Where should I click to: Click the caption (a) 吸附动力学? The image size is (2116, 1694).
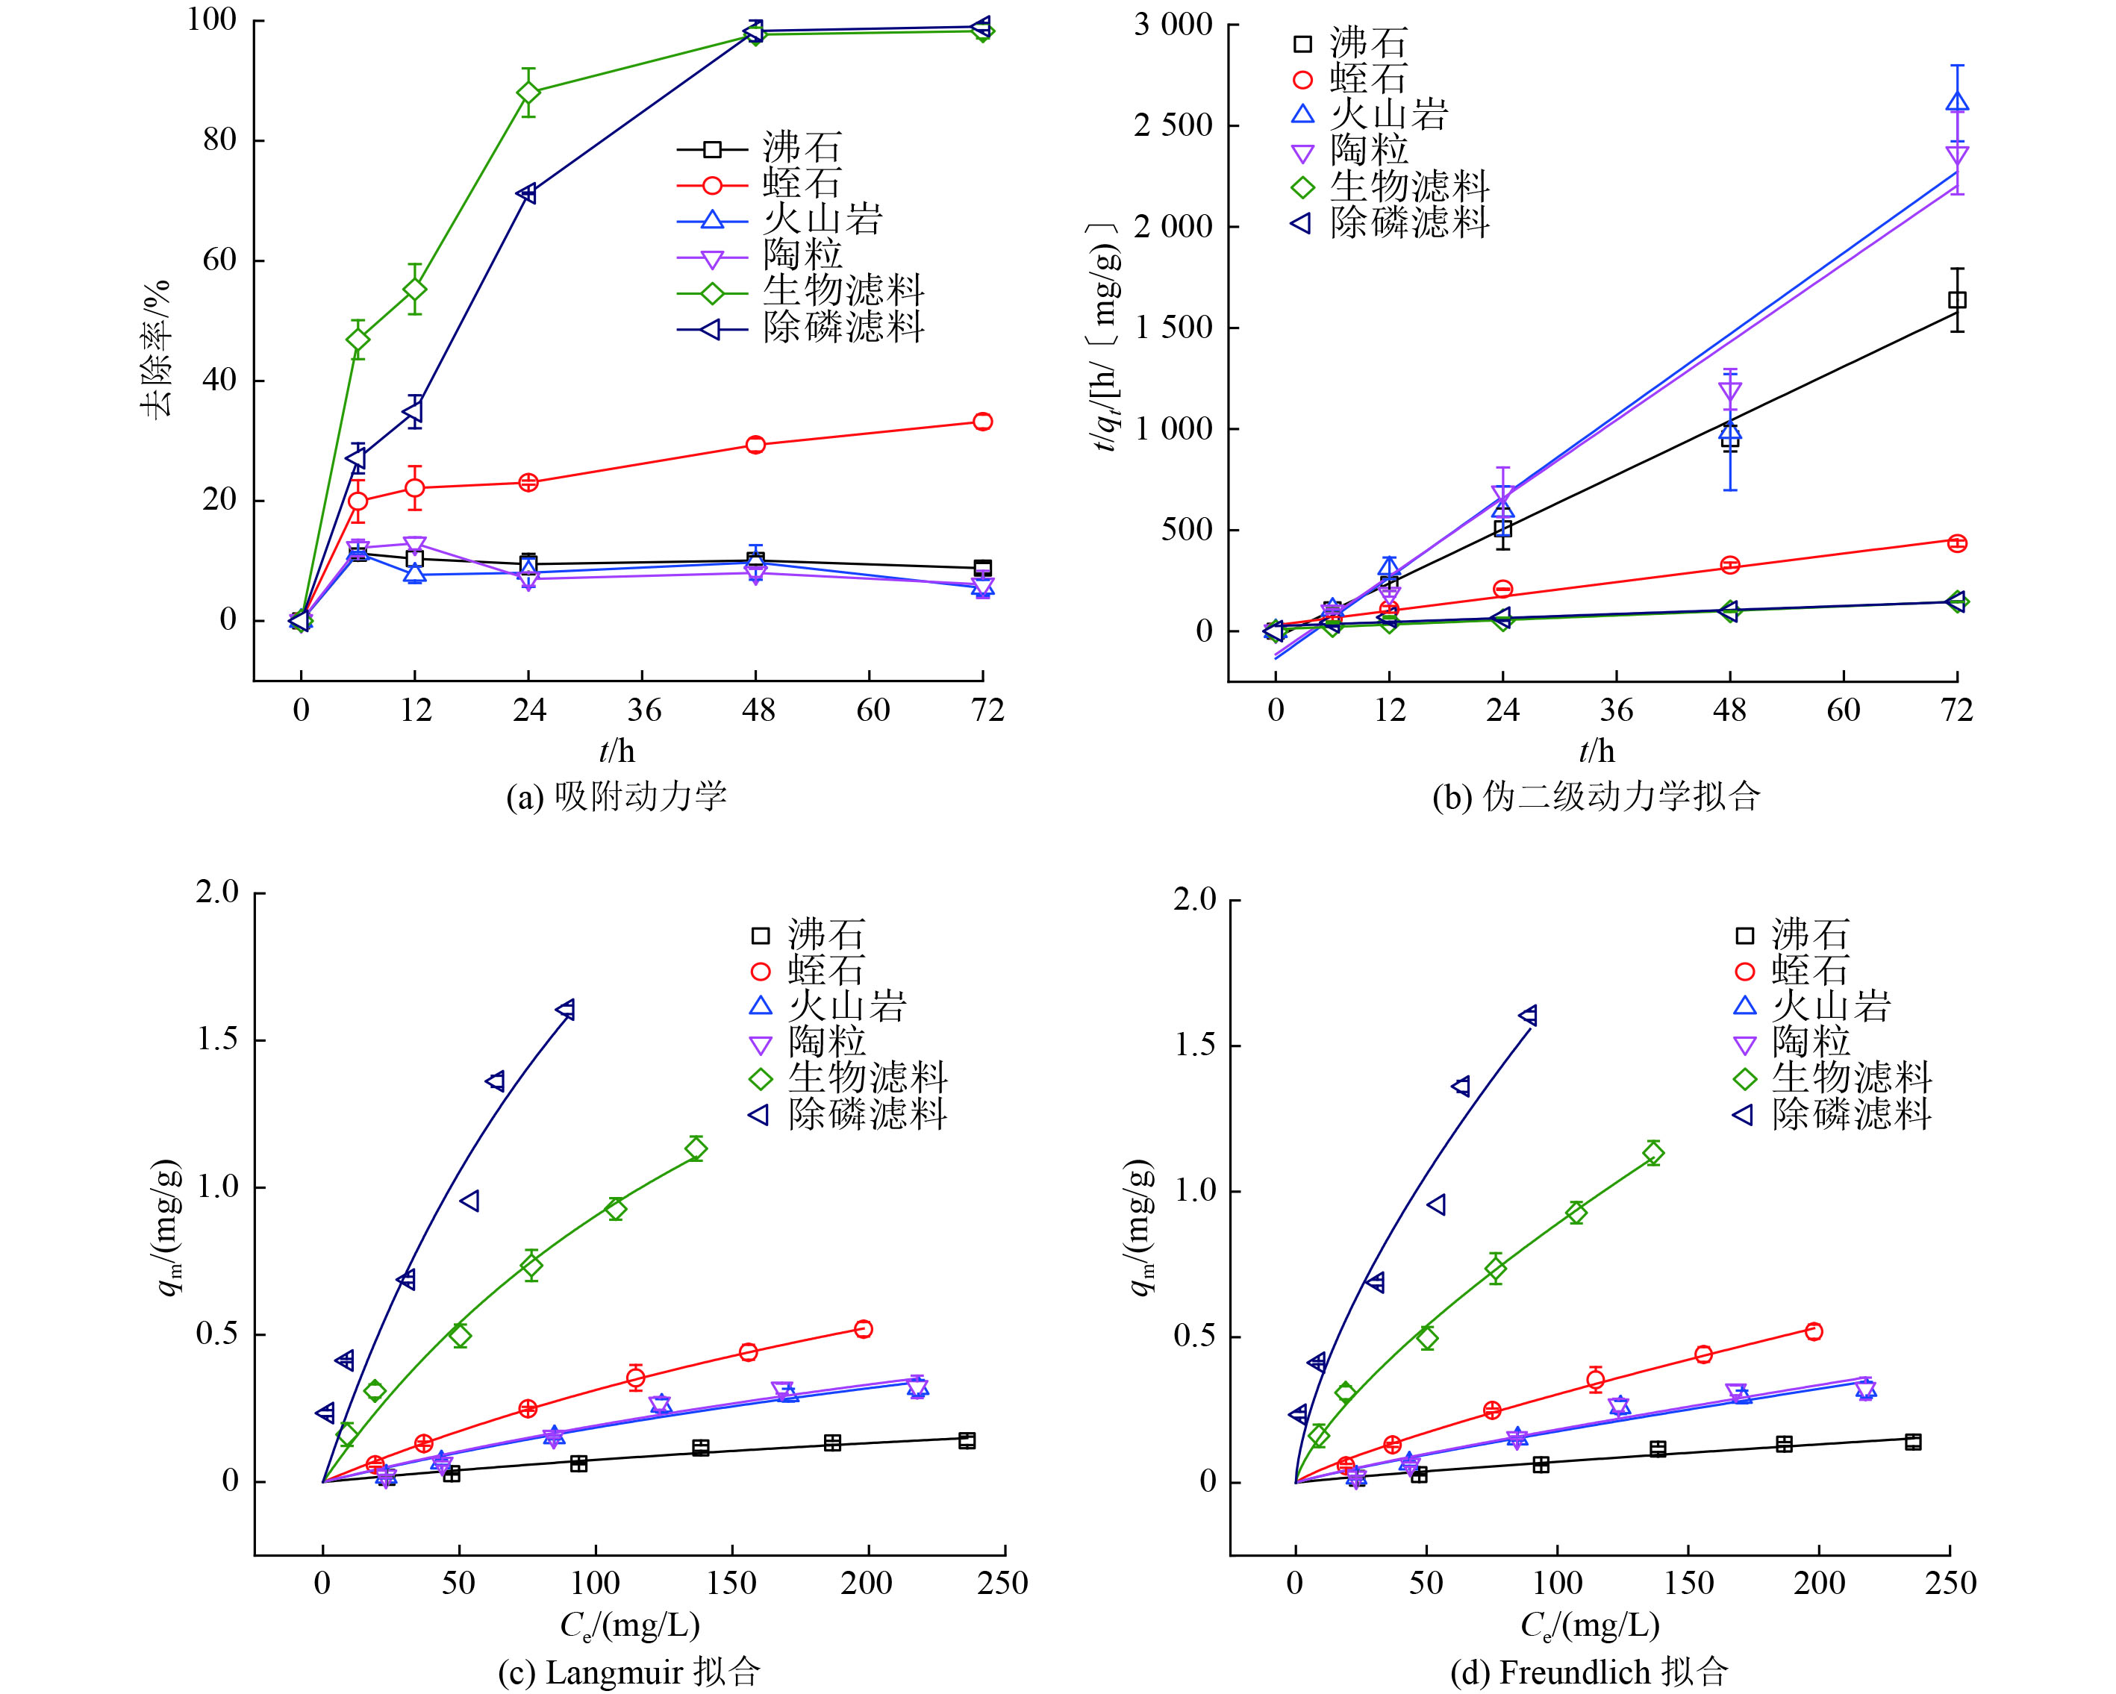click(x=617, y=796)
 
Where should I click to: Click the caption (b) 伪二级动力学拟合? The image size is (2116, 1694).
click(x=1596, y=796)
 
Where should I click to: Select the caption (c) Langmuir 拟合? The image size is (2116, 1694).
click(x=629, y=1672)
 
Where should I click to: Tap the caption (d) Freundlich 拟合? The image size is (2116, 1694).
click(x=1589, y=1672)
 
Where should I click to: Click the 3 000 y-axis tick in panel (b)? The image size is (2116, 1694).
click(x=1174, y=25)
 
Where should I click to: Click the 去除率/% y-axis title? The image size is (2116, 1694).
click(x=157, y=349)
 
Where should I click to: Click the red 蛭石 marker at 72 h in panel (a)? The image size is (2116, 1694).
click(x=982, y=422)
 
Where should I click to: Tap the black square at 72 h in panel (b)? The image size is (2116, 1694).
click(x=1957, y=300)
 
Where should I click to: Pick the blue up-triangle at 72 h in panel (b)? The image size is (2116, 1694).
click(x=1957, y=102)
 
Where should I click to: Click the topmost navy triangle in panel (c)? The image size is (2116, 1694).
click(x=565, y=1010)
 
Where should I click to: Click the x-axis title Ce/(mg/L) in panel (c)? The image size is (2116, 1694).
click(x=629, y=1626)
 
